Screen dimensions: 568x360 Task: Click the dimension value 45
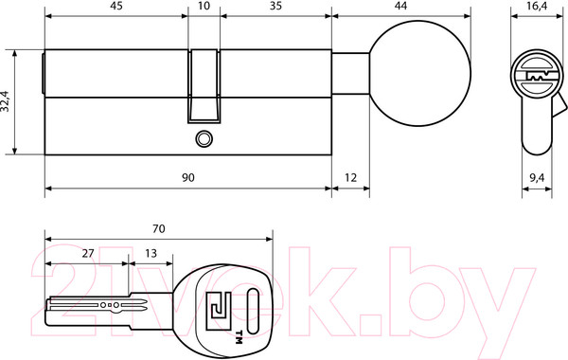coord(116,7)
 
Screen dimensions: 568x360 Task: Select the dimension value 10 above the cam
coord(204,7)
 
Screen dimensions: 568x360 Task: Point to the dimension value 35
coord(275,7)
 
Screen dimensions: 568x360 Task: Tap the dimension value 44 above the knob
coord(400,7)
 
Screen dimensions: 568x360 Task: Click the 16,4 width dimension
coord(537,7)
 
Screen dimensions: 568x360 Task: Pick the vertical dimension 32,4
coord(6,101)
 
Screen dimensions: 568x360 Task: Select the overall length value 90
coord(188,178)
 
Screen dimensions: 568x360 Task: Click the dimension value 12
coord(350,178)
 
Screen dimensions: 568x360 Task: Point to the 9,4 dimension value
coord(537,178)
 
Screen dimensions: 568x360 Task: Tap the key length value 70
coord(159,228)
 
